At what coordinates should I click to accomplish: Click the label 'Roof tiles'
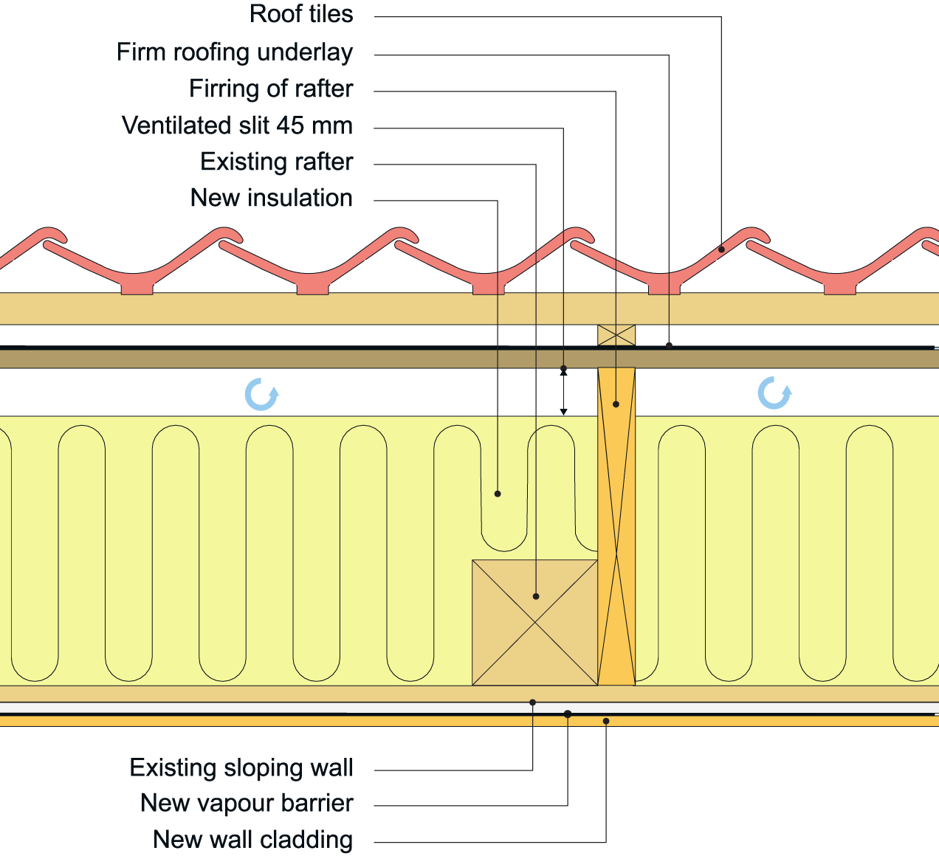(x=301, y=15)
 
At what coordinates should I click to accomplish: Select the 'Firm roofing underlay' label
(x=235, y=52)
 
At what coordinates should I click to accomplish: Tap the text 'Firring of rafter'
(x=271, y=89)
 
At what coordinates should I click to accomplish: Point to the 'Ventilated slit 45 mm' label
(x=237, y=125)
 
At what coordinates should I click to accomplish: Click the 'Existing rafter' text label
(x=276, y=162)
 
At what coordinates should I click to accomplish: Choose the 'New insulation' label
(x=271, y=198)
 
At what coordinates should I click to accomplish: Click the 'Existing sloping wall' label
(x=241, y=768)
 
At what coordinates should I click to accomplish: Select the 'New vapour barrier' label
(x=247, y=804)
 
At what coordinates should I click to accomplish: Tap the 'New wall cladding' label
(x=252, y=840)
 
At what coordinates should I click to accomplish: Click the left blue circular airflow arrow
(x=261, y=394)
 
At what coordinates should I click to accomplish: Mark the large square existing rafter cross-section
(x=534, y=622)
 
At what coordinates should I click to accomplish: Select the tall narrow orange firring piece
(x=616, y=526)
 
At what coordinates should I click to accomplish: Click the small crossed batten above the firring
(x=616, y=335)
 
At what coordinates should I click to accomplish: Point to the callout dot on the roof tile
(x=721, y=249)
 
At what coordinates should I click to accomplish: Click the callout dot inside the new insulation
(x=498, y=494)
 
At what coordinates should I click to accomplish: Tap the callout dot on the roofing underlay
(x=669, y=345)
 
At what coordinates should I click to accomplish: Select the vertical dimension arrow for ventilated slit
(x=563, y=391)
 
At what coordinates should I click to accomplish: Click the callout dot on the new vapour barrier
(x=568, y=714)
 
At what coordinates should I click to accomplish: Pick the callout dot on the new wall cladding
(x=606, y=721)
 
